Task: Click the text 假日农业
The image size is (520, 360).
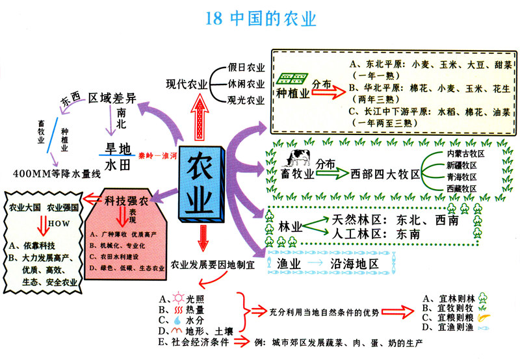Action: click(246, 67)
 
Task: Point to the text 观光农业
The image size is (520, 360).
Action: click(246, 101)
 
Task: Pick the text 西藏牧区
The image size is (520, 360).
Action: click(461, 188)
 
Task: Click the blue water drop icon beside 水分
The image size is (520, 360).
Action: click(177, 320)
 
